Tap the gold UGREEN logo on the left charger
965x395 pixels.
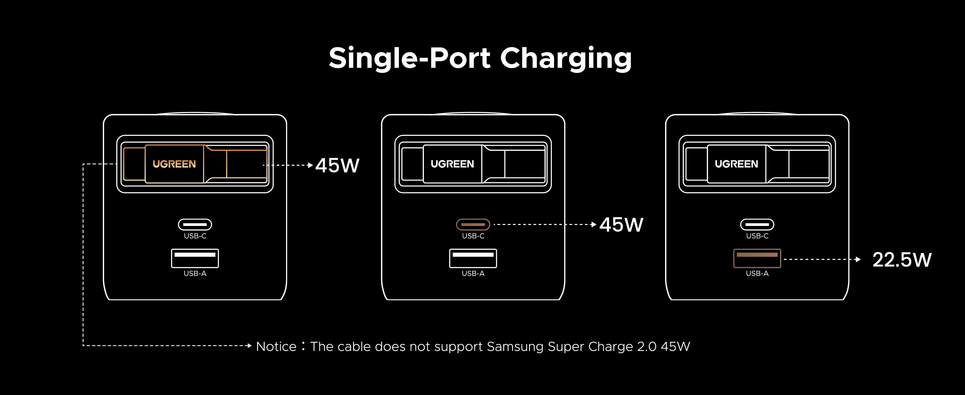click(x=174, y=164)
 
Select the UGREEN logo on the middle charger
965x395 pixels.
click(x=452, y=164)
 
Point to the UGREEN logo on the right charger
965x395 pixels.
click(x=736, y=164)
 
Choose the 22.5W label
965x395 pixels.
click(x=902, y=260)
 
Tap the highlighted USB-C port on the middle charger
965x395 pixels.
click(x=473, y=224)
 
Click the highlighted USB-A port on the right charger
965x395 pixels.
click(x=757, y=258)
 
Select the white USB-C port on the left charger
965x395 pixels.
click(x=195, y=224)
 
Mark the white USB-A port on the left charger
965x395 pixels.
click(x=195, y=258)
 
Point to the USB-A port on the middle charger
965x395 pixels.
click(x=473, y=258)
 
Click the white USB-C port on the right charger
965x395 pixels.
click(x=757, y=224)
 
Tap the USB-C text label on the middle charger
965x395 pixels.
click(x=473, y=236)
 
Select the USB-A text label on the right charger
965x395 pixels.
click(x=757, y=273)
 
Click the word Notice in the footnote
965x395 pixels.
click(x=276, y=346)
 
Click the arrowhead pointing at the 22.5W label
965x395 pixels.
click(x=858, y=259)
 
